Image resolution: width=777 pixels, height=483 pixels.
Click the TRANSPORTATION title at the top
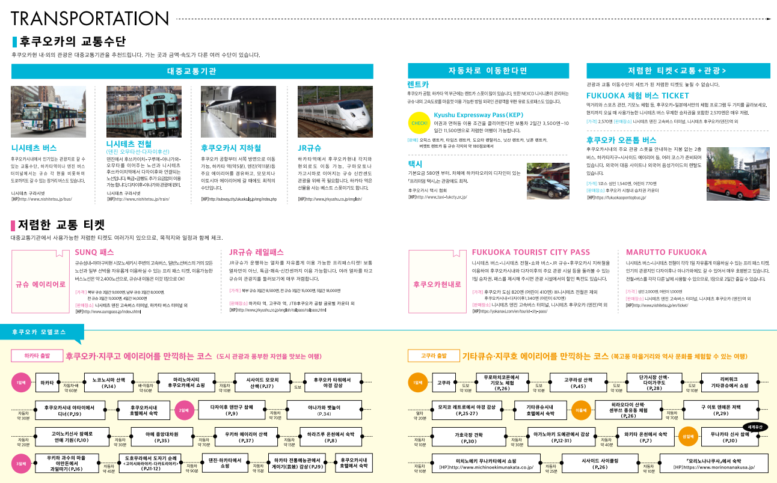88,18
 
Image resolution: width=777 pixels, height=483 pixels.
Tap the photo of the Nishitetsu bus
48,112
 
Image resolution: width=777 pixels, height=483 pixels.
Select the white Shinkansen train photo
335,112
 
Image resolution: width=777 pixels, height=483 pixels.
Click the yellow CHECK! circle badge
418,123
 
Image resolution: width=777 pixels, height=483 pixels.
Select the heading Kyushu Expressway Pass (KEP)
479,114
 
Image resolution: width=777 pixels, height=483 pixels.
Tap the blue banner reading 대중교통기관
192,71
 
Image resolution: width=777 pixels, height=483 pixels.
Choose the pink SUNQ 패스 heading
94,252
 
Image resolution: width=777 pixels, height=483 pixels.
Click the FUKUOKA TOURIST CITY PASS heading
531,252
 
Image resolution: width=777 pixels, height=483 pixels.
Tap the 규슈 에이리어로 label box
41,284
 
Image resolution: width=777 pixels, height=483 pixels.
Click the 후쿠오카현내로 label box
437,284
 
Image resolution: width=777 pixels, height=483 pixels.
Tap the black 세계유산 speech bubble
755,427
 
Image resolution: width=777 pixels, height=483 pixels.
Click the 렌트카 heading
418,85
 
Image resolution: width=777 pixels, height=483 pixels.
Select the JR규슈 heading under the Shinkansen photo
310,148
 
